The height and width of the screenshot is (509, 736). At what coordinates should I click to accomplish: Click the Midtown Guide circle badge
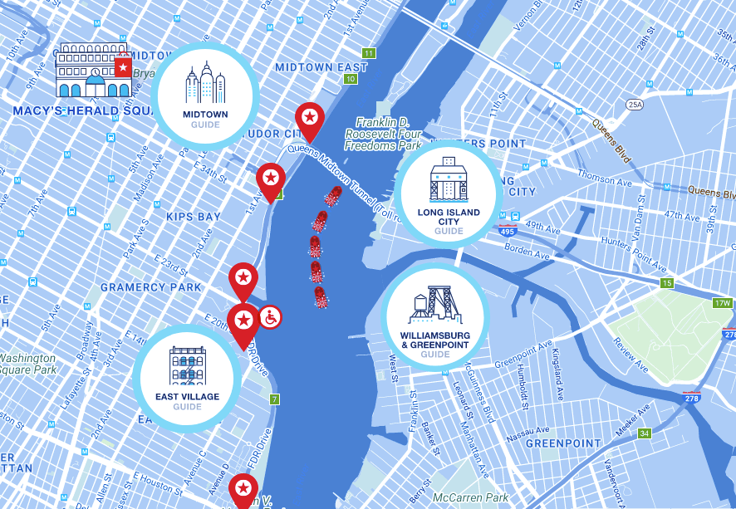point(204,94)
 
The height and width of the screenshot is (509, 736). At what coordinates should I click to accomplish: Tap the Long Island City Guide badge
point(448,193)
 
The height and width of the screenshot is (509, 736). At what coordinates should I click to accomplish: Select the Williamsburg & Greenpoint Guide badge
point(435,316)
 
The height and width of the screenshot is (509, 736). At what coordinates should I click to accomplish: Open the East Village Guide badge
point(187,378)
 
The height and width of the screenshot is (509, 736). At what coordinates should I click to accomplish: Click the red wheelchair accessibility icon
point(270,316)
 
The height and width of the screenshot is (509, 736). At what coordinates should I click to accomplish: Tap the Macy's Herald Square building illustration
point(93,73)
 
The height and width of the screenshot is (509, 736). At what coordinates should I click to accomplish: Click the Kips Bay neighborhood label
point(193,217)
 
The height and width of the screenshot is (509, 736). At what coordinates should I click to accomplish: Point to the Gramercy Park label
point(150,287)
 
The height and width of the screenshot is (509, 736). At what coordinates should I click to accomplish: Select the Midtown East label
point(321,67)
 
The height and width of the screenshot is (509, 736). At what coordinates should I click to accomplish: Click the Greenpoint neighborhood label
point(562,443)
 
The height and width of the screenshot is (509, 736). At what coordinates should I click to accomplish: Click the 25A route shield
point(635,105)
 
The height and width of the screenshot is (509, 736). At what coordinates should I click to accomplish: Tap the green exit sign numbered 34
point(645,433)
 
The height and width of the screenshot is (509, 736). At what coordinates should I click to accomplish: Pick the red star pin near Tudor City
point(309,120)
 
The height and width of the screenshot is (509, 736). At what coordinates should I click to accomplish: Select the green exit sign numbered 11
point(369,53)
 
